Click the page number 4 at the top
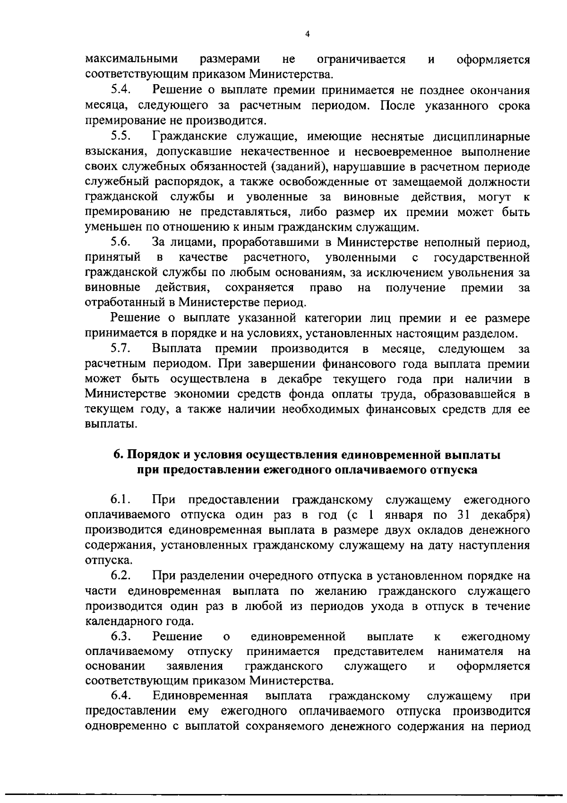pyautogui.click(x=308, y=34)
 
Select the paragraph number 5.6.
pyautogui.click(x=121, y=243)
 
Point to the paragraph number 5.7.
pyautogui.click(x=121, y=349)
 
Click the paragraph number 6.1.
pyautogui.click(x=121, y=500)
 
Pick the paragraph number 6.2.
pyautogui.click(x=121, y=576)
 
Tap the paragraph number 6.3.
pyautogui.click(x=121, y=637)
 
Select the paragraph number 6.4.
pyautogui.click(x=121, y=696)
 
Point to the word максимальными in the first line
pyautogui.click(x=131, y=60)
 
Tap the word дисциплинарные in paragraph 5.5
pyautogui.click(x=481, y=137)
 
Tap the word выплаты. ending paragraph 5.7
pyautogui.click(x=111, y=424)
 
